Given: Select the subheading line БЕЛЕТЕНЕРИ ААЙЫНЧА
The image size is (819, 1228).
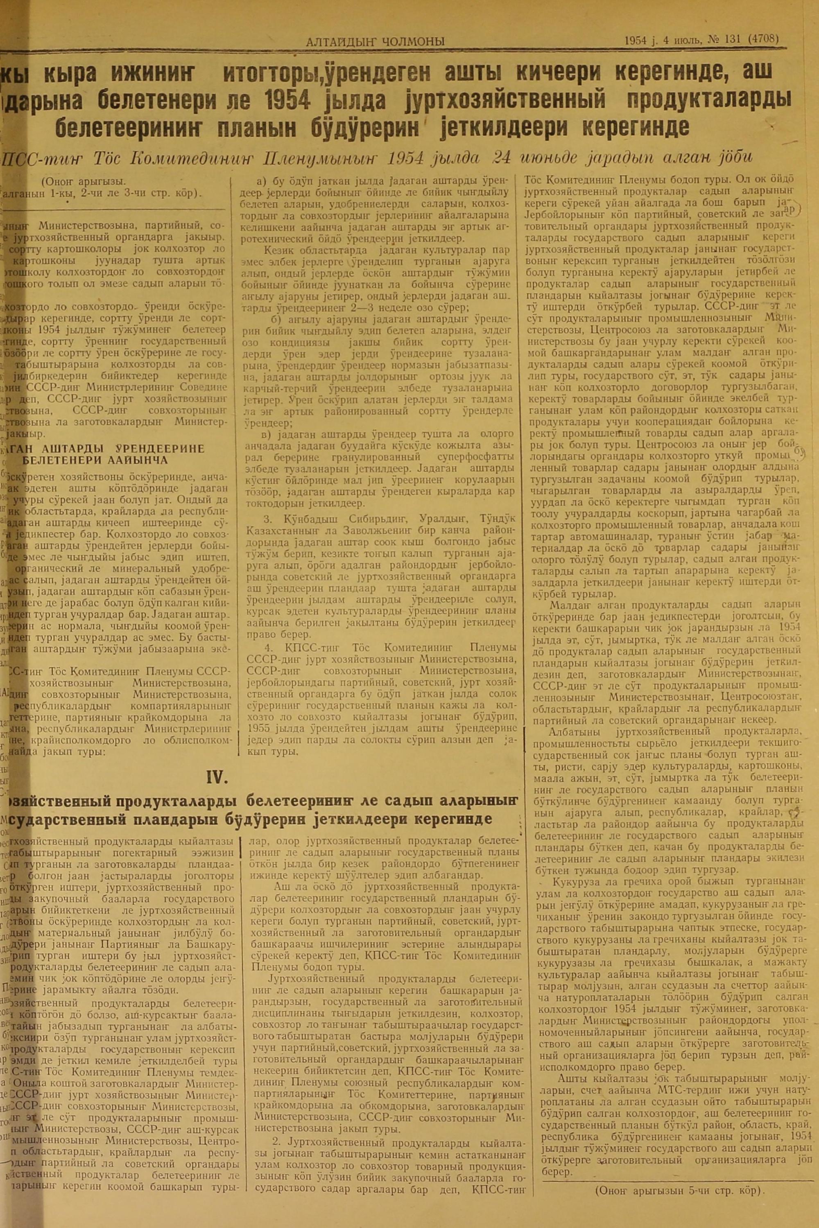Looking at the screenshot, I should click(x=95, y=460).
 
